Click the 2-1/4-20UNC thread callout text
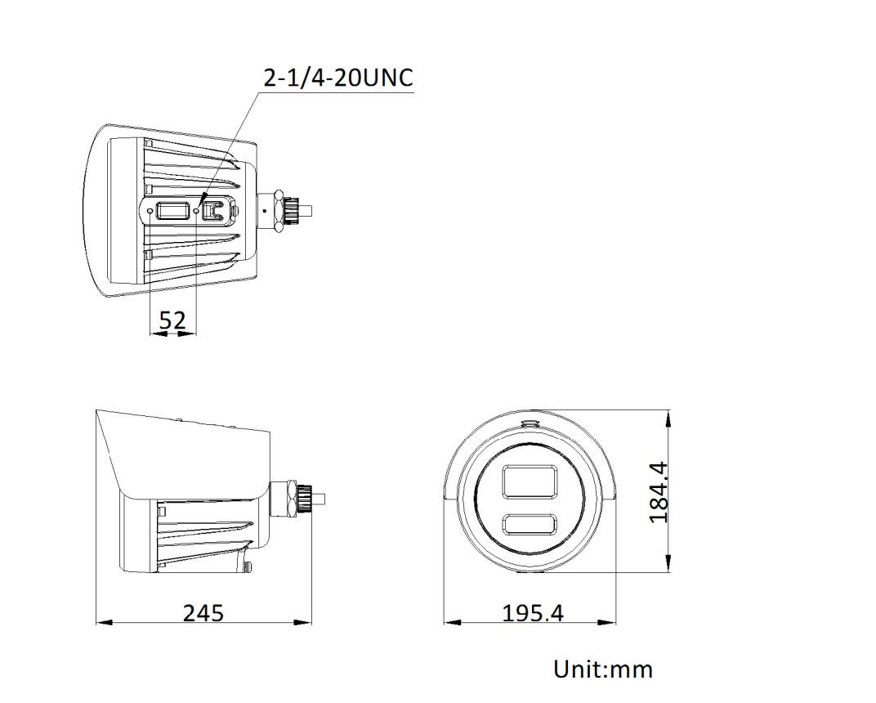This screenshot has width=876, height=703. tap(337, 78)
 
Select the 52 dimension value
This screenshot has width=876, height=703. tap(172, 320)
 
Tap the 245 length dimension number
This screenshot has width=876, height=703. tap(203, 612)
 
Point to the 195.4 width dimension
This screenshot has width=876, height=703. tap(532, 612)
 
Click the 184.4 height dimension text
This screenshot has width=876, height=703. tap(659, 492)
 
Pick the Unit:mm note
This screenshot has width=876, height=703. tap(603, 669)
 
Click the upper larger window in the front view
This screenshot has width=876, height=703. tap(530, 481)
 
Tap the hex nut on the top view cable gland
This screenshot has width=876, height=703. tap(280, 209)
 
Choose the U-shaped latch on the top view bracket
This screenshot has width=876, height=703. tap(215, 211)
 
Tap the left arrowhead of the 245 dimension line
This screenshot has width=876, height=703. tap(100, 623)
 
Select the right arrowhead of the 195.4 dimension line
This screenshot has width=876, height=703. tap(613, 623)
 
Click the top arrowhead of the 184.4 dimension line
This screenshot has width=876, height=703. tap(670, 415)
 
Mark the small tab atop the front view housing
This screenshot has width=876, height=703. tap(530, 423)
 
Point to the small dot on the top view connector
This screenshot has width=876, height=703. tap(264, 209)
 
